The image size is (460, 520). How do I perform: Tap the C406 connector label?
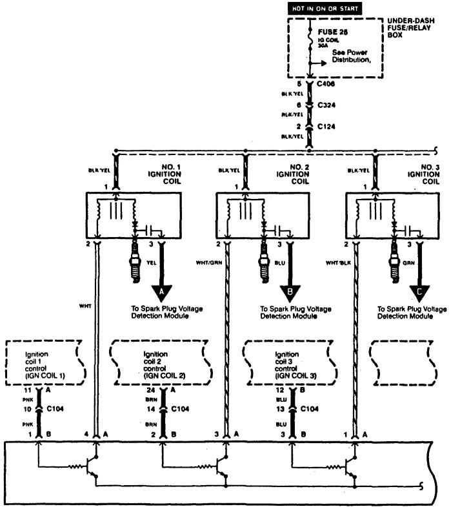pos(325,84)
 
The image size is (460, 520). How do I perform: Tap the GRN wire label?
pos(408,263)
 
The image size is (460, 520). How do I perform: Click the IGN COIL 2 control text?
pos(157,365)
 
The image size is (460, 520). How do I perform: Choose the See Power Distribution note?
pos(354,56)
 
